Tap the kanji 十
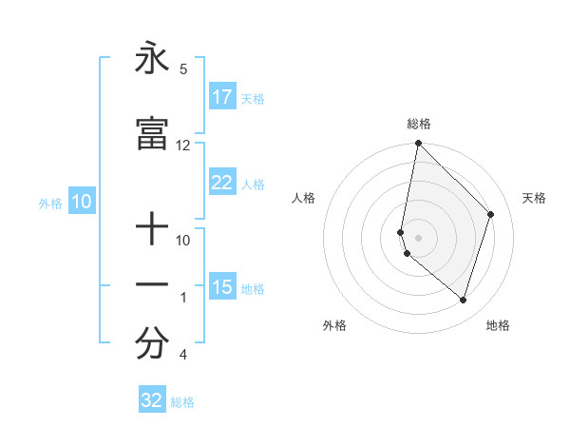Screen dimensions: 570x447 click(151, 229)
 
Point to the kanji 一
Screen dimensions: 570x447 click(151, 285)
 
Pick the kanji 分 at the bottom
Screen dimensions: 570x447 click(151, 343)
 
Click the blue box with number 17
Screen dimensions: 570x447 click(222, 97)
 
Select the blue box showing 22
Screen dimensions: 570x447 click(222, 184)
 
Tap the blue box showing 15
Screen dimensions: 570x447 click(222, 287)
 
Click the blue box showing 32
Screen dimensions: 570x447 click(152, 400)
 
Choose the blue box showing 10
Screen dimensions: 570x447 click(82, 202)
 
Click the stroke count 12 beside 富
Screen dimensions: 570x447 click(182, 145)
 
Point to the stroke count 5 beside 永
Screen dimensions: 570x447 click(182, 68)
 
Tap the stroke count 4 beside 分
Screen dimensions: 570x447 click(182, 355)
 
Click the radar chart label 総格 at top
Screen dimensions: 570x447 click(419, 124)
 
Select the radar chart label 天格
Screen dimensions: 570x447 click(534, 198)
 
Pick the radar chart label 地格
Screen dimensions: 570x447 click(498, 325)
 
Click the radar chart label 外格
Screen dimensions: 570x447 click(334, 325)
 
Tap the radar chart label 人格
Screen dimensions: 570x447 click(303, 198)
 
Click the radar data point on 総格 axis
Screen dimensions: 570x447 click(418, 143)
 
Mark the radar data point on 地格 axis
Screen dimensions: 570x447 click(463, 300)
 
